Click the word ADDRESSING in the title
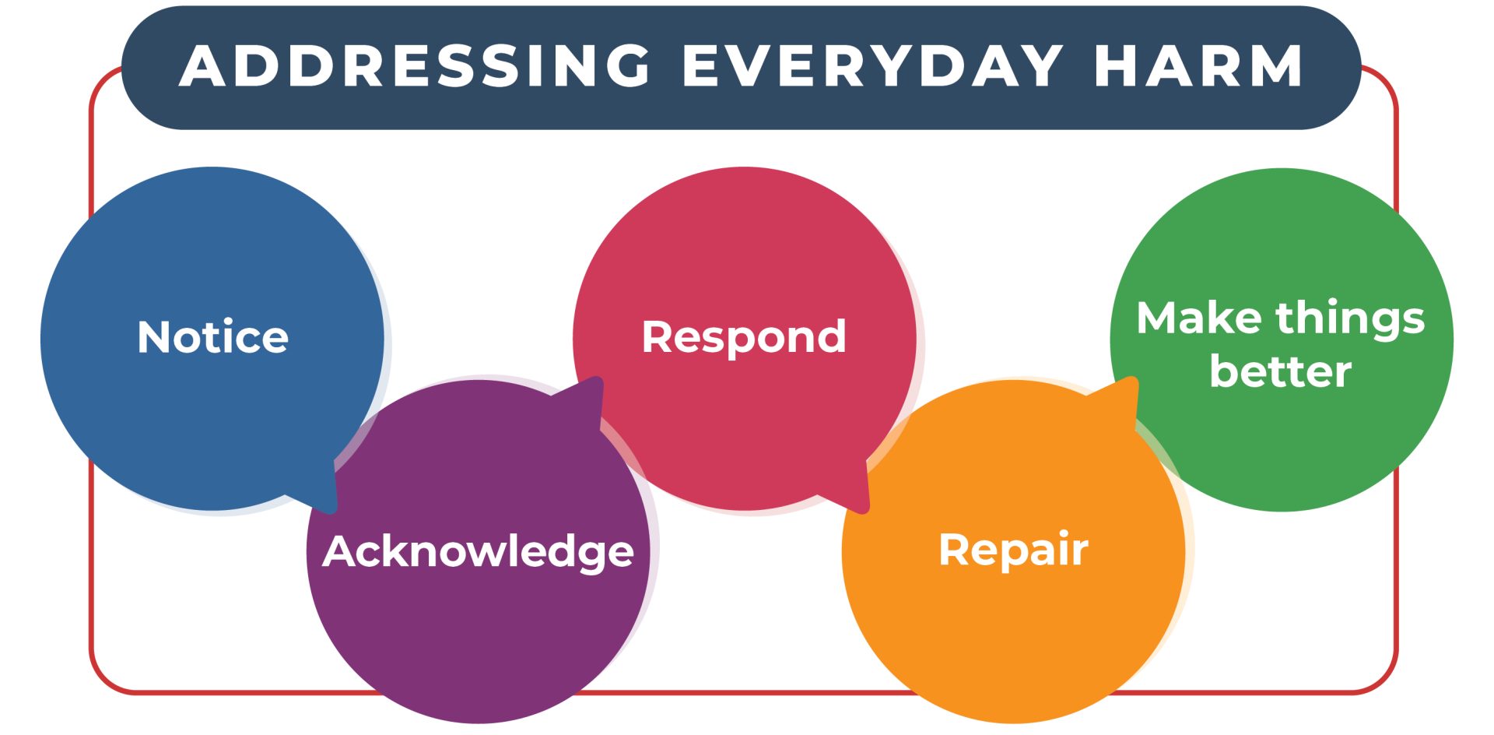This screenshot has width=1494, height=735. click(416, 65)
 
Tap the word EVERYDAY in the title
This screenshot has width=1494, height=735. click(872, 65)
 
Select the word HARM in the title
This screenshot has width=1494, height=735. click(1198, 65)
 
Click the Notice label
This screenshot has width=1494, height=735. click(212, 337)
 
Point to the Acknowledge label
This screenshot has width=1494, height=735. click(478, 552)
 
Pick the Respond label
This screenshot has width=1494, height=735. click(744, 337)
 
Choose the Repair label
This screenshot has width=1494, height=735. click(1013, 550)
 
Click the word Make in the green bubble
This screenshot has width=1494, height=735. click(1199, 318)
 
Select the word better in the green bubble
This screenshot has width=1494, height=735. click(1280, 371)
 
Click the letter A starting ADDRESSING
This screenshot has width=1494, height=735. click(205, 65)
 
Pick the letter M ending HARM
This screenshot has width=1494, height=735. click(1276, 65)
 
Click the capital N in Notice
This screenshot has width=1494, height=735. click(154, 337)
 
